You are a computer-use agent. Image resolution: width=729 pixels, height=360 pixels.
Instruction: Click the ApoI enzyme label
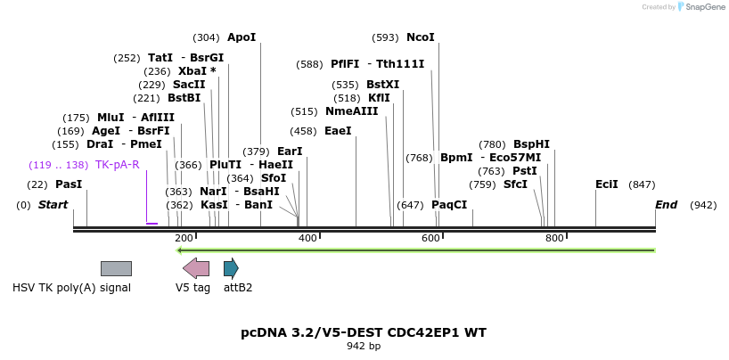coord(242,37)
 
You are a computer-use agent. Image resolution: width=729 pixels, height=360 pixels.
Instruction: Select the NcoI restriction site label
coord(421,37)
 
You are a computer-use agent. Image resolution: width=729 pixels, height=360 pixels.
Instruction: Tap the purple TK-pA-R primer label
coord(117,165)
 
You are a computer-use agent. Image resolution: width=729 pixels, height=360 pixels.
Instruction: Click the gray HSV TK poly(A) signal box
coord(116,268)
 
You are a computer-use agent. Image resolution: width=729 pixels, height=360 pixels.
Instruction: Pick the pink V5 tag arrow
coord(196,268)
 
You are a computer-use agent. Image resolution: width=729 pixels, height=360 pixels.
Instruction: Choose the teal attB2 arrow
coord(231,268)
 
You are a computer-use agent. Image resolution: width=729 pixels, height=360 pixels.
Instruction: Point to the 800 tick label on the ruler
coord(554,238)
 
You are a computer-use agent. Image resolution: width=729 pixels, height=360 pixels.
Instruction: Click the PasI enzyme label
coord(69,184)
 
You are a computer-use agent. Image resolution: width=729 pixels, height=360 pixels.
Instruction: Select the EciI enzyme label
coord(607,184)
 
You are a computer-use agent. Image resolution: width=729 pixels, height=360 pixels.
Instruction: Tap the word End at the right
coord(666,205)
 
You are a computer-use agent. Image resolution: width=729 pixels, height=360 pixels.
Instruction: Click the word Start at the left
coord(53,205)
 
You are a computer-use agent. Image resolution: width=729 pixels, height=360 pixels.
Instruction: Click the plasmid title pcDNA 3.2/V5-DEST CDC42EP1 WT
coord(364,332)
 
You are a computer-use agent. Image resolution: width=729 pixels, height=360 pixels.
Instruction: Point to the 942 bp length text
coord(364,346)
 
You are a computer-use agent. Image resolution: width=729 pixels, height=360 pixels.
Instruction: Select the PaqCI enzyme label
coord(449,205)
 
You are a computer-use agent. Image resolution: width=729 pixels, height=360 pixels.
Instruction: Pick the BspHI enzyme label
coord(531,143)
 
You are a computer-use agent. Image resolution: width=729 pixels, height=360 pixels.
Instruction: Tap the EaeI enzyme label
coord(338,131)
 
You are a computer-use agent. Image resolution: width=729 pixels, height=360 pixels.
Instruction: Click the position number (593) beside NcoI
coord(385,37)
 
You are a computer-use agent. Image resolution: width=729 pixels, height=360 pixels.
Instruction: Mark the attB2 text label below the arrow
coord(238,288)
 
